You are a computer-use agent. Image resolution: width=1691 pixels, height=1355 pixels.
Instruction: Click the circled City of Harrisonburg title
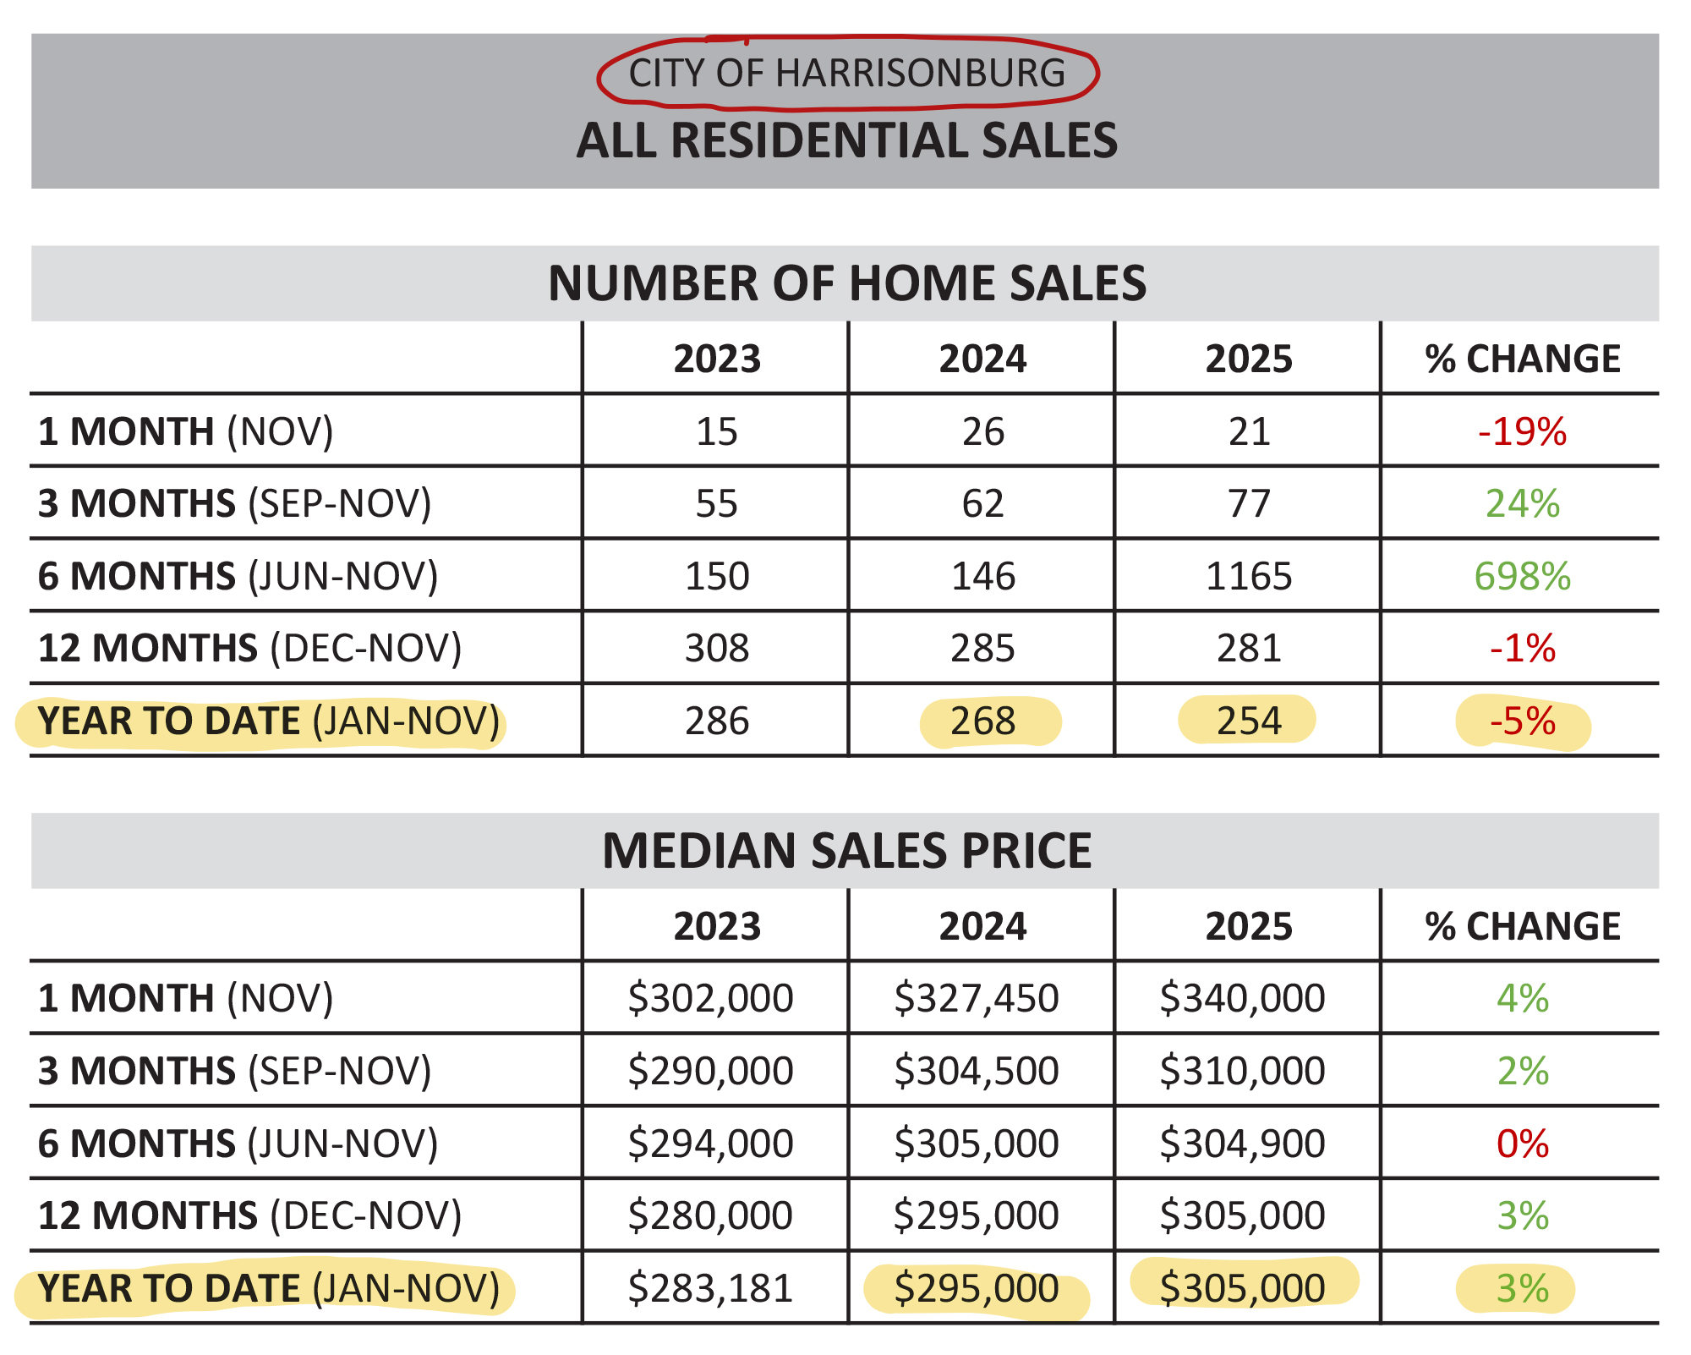[x=846, y=74]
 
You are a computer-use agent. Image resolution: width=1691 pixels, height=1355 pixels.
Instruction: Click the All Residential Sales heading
[x=846, y=140]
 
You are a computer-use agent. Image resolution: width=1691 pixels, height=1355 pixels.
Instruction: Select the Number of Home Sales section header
[x=846, y=283]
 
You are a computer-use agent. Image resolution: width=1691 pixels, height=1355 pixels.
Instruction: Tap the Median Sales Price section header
[x=846, y=851]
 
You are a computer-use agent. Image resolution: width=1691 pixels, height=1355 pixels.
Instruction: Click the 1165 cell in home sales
[x=1249, y=577]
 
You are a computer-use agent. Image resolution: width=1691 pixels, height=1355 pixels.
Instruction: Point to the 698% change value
[x=1522, y=577]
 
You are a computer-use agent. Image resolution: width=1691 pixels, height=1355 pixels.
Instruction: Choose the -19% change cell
[x=1522, y=432]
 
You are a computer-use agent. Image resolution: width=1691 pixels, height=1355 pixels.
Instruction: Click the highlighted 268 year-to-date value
[x=982, y=721]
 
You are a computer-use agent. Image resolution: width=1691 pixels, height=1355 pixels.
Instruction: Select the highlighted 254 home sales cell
[x=1249, y=721]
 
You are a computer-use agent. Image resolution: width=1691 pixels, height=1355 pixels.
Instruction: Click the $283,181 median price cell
[x=710, y=1288]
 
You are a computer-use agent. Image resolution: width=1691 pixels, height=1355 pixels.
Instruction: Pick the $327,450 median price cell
[x=977, y=998]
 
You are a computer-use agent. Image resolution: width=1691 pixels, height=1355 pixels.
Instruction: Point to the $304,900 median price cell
[x=1242, y=1144]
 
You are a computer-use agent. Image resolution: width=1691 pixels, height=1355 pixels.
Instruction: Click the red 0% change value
[x=1522, y=1144]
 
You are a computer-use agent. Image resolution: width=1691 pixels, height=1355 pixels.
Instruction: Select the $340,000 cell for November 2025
[x=1242, y=998]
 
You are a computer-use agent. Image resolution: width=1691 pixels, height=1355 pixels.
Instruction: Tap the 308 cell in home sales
[x=717, y=649]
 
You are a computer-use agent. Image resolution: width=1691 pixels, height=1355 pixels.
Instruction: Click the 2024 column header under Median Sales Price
[x=982, y=926]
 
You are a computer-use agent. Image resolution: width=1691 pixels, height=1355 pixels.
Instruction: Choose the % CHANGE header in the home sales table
[x=1522, y=359]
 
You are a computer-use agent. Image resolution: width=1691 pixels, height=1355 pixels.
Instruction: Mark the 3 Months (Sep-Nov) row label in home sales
[x=235, y=504]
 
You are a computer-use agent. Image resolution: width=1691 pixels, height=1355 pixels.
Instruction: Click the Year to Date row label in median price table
[x=269, y=1288]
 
